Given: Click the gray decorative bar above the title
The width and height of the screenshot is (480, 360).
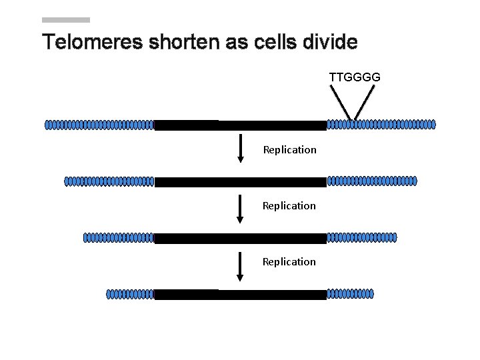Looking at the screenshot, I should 65,20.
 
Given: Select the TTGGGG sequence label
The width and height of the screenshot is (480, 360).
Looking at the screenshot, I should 355,77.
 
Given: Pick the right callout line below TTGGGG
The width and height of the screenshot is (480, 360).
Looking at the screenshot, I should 363,105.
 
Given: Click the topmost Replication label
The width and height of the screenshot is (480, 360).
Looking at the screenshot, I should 289,149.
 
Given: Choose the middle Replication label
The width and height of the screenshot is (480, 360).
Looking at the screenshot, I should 289,205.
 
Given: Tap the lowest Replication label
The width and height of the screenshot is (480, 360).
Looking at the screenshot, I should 289,261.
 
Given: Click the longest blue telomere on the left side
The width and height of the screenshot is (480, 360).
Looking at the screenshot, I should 99,125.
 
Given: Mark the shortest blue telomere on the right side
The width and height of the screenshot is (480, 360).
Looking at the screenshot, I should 350,293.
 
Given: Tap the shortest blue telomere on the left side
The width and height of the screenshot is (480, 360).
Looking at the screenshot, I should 130,294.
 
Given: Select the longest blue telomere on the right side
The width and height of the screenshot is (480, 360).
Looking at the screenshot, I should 381,124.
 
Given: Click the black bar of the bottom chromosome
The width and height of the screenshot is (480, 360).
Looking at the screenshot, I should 240,294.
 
